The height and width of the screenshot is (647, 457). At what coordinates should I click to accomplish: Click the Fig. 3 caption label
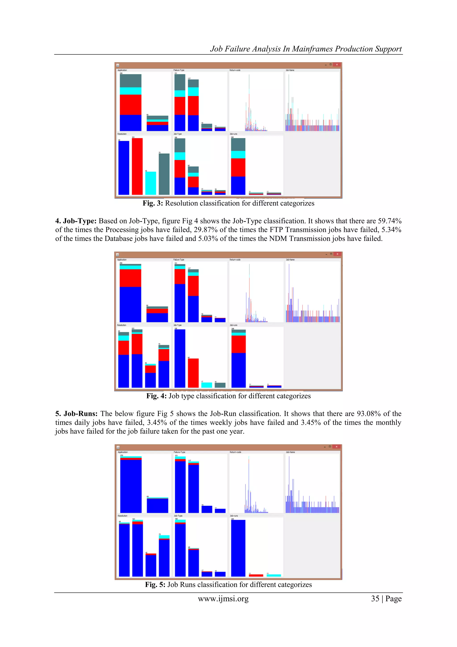pyautogui.click(x=153, y=203)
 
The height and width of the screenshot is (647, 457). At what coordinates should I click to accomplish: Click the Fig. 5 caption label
pyautogui.click(x=155, y=585)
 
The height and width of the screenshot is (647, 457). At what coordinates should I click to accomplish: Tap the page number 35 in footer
pyautogui.click(x=375, y=599)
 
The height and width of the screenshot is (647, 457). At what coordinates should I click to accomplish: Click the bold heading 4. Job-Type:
pyautogui.click(x=76, y=221)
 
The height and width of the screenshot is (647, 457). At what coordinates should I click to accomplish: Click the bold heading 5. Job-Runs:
pyautogui.click(x=76, y=414)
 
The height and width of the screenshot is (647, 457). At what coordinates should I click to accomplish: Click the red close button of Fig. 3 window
pyautogui.click(x=337, y=65)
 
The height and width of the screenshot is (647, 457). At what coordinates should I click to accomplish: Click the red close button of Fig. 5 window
pyautogui.click(x=337, y=447)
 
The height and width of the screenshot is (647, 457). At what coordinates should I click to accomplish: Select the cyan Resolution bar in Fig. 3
pyautogui.click(x=151, y=183)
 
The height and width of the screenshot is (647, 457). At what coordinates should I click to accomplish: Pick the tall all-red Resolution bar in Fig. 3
pyautogui.click(x=137, y=166)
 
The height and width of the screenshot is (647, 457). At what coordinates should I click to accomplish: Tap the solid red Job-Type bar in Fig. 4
pyautogui.click(x=193, y=373)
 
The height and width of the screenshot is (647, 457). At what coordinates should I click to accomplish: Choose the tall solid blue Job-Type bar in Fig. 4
pyautogui.click(x=180, y=358)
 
